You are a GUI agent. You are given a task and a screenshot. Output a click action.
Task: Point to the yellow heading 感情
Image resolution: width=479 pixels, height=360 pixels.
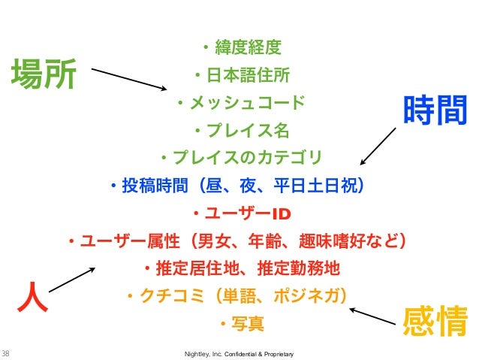pos(435,322)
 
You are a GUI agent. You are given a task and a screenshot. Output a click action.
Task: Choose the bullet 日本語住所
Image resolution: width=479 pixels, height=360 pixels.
pos(240,76)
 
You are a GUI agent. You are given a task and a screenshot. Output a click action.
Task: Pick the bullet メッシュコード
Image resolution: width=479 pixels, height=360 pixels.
pos(240,101)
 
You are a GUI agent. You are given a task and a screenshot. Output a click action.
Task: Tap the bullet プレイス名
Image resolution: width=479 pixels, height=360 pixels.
pos(240,129)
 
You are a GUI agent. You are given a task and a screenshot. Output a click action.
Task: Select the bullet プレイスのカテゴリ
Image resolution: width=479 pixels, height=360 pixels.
pos(240,157)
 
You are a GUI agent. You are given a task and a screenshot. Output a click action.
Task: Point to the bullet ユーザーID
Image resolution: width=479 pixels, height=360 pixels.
pos(240,211)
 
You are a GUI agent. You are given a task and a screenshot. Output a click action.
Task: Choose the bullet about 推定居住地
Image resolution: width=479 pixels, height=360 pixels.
pos(240,268)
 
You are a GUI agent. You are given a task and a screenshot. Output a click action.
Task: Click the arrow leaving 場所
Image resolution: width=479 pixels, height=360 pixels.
pos(128,80)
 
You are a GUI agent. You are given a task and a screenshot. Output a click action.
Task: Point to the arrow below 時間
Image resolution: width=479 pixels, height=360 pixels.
pos(378,146)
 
